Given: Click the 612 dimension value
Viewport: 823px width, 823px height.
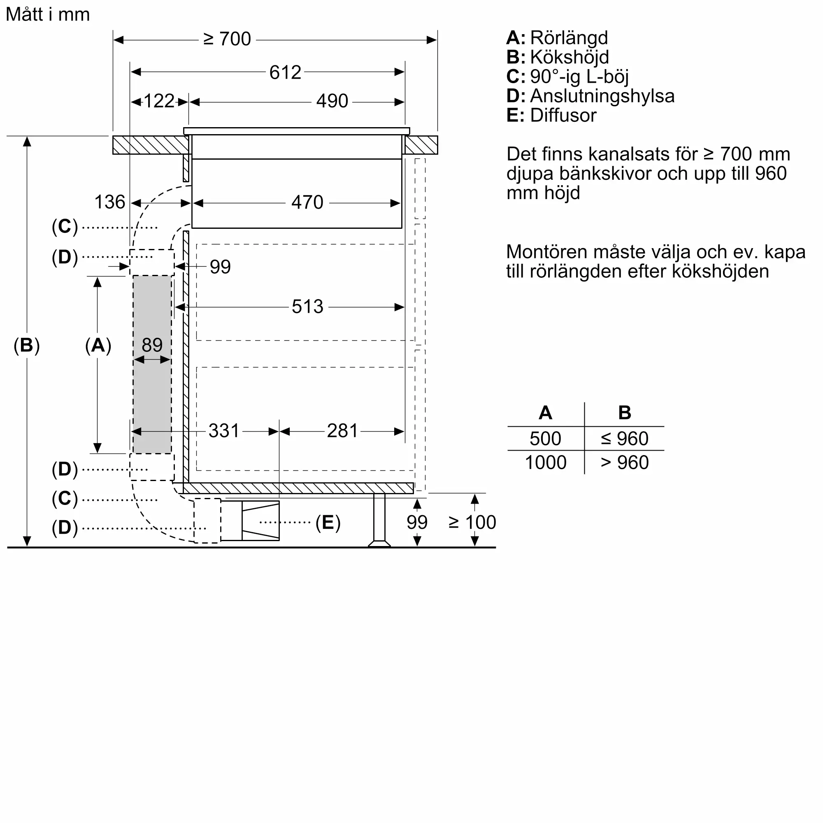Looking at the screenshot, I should click(285, 72).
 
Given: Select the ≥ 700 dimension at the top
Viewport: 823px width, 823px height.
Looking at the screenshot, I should click(227, 39).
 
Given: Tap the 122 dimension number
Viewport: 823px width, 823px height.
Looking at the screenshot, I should click(159, 101).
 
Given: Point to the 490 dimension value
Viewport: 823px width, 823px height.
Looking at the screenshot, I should click(332, 101).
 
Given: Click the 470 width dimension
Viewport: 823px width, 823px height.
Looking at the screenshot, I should click(307, 202).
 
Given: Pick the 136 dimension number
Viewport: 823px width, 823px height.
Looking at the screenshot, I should click(109, 202).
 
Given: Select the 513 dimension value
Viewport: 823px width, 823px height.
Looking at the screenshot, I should click(307, 307).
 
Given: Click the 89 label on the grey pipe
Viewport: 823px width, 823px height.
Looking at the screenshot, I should click(152, 345).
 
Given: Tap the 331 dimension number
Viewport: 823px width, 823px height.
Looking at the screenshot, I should click(224, 431).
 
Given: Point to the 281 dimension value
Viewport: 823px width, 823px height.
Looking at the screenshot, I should click(342, 431).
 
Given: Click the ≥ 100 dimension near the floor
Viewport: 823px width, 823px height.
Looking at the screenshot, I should click(472, 522).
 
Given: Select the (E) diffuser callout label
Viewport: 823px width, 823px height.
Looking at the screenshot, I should click(328, 523).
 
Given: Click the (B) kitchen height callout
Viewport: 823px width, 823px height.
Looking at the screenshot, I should click(26, 345).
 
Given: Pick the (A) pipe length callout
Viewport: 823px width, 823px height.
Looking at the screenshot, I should click(98, 345).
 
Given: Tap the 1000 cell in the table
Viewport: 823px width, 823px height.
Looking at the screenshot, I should click(545, 463).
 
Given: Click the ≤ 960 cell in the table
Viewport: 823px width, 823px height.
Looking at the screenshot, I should click(625, 439).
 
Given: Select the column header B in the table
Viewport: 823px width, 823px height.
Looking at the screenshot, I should click(625, 413).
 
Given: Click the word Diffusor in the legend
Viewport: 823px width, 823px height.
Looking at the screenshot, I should click(563, 116).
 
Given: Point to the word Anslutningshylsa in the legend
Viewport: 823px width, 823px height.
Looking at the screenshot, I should click(602, 96).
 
